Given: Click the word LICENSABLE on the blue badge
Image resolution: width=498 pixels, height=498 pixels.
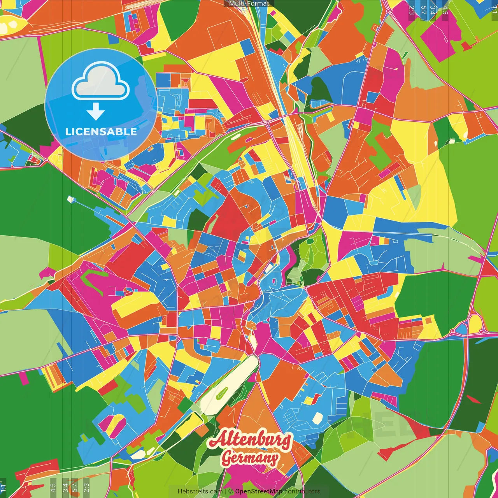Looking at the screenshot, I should [101, 132].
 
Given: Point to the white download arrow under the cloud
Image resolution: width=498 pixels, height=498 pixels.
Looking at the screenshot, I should [96, 112].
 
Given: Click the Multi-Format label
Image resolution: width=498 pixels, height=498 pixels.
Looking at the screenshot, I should [249, 4].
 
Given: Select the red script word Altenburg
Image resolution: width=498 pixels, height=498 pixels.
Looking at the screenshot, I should [250, 440].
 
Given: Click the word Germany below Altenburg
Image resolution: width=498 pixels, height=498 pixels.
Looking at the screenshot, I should [250, 458].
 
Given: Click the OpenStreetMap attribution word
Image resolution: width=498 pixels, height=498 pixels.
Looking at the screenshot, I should [259, 491].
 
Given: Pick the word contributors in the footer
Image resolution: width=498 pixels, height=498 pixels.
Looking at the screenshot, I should [302, 491].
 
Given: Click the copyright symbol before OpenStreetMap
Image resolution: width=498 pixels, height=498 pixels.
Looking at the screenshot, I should [231, 491].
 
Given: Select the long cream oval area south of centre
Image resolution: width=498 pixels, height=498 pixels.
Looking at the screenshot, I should [230, 385].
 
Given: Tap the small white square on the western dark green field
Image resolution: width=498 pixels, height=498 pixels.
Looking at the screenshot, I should [70, 199].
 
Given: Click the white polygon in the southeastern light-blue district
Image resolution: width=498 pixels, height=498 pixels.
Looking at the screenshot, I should [317, 418].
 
